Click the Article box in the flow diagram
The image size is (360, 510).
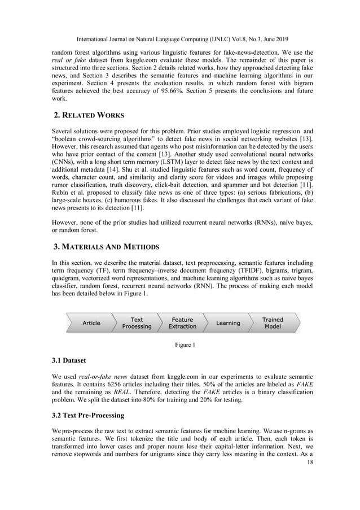pos(91,323)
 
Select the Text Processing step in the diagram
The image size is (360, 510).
pos(137,323)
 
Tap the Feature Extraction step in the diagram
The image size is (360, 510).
pos(183,323)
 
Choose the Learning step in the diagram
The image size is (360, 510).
pos(228,323)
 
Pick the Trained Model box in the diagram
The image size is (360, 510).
pos(273,323)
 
